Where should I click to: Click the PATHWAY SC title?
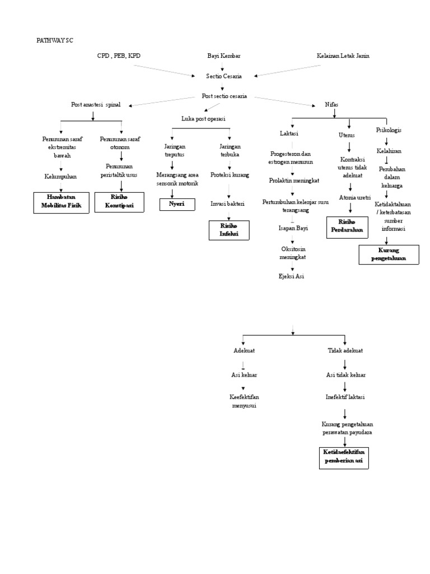tap(55, 40)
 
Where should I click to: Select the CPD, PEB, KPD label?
tap(119, 56)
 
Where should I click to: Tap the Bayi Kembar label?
tap(222, 56)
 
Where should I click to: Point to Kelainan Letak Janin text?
tap(343, 56)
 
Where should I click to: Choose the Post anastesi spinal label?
tap(96, 105)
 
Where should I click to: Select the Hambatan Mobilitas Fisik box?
tap(61, 202)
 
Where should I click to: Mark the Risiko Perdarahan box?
tap(347, 226)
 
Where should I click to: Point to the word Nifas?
tap(332, 105)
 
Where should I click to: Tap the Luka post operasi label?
tap(203, 119)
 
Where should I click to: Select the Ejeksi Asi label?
tap(292, 276)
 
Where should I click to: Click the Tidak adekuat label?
tap(345, 350)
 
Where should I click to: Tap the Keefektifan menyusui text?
tap(244, 401)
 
